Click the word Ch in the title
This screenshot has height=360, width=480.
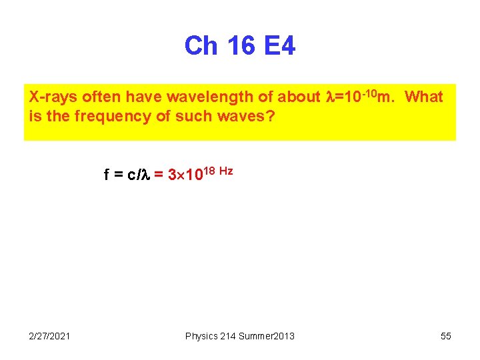point(201,46)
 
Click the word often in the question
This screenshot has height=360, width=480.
point(100,97)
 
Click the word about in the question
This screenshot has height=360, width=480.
point(299,97)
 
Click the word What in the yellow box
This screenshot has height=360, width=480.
point(423,97)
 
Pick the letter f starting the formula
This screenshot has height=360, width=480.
point(107,175)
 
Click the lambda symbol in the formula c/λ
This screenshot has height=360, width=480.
point(148,175)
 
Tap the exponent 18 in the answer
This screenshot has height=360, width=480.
point(208,171)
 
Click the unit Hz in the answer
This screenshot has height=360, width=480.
point(226,171)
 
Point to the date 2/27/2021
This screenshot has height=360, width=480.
point(50,336)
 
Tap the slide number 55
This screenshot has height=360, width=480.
point(445,336)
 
